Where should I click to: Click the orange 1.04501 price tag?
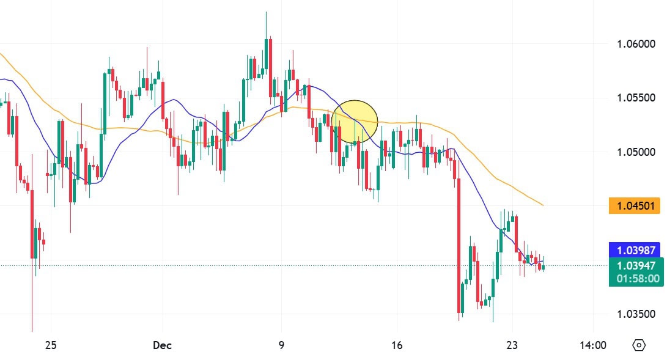[635, 206]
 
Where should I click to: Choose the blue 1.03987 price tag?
[635, 249]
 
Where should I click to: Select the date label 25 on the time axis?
[51, 345]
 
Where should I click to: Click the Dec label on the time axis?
[162, 345]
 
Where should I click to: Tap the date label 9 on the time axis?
[281, 345]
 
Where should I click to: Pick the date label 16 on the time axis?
[397, 345]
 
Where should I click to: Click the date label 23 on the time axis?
[512, 345]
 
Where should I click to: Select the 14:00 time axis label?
[592, 345]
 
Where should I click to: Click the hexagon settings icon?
[639, 345]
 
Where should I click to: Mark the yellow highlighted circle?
[355, 122]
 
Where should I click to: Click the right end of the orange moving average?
[543, 205]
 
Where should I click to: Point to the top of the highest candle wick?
[266, 12]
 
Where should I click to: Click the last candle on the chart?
[543, 267]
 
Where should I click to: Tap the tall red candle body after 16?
[459, 244]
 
